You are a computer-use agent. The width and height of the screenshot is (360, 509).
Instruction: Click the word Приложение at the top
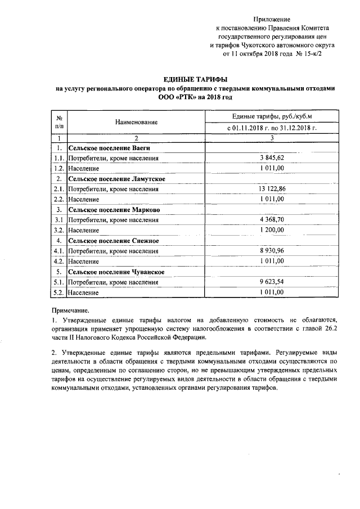click(272, 19)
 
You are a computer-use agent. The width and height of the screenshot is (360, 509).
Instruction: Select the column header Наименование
click(136, 122)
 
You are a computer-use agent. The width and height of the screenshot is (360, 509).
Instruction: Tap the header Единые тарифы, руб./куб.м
click(272, 116)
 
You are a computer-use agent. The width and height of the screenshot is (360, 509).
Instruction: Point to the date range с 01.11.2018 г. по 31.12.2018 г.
click(272, 128)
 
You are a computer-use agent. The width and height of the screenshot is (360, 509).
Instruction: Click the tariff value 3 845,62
click(272, 158)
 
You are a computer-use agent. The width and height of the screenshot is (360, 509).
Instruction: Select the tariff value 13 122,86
click(272, 189)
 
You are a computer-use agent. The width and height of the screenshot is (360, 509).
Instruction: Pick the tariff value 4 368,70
click(272, 220)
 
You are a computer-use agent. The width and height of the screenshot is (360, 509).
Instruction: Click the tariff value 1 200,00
click(272, 230)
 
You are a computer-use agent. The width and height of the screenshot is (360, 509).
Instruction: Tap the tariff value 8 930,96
click(272, 251)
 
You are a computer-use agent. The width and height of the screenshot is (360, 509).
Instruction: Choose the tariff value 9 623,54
click(272, 282)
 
